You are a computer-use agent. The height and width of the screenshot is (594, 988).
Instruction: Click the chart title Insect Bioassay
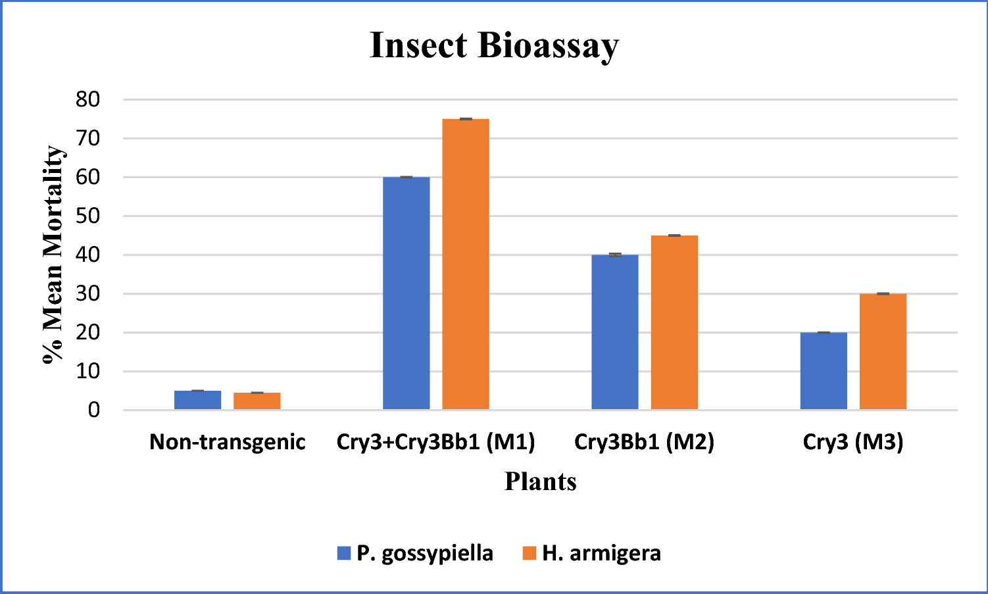click(494, 45)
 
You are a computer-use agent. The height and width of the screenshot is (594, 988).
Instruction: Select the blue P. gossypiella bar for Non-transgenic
click(197, 400)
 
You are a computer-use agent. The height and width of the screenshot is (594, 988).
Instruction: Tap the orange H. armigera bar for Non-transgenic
click(257, 401)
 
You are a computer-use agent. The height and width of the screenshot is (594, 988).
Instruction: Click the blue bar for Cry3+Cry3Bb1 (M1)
click(406, 293)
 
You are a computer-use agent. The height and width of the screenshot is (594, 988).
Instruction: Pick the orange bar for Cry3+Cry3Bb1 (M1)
click(465, 264)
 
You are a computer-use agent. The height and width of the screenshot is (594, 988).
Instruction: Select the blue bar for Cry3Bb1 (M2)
click(614, 332)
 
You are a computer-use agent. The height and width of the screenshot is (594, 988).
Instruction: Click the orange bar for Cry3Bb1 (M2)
click(674, 322)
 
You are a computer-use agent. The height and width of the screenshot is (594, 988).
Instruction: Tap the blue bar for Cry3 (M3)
click(824, 371)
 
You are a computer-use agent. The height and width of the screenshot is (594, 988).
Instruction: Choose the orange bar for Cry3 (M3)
click(883, 351)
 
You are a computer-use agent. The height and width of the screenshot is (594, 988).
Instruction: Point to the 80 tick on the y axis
click(87, 100)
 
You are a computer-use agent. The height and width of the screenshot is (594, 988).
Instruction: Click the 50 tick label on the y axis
click(87, 216)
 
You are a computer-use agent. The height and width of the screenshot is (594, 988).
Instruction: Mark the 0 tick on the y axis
click(94, 410)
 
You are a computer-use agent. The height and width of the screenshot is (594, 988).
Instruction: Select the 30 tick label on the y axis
click(87, 294)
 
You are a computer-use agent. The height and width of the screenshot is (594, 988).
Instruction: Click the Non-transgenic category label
click(227, 441)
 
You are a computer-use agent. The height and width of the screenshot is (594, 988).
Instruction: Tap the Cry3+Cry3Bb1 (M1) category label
click(435, 441)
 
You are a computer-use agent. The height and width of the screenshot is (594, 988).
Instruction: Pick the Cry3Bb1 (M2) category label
click(644, 441)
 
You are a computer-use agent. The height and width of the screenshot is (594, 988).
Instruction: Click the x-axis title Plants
click(540, 482)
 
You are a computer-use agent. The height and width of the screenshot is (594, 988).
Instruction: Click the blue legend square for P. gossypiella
click(343, 553)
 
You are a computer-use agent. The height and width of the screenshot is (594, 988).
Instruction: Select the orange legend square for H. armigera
click(530, 553)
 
